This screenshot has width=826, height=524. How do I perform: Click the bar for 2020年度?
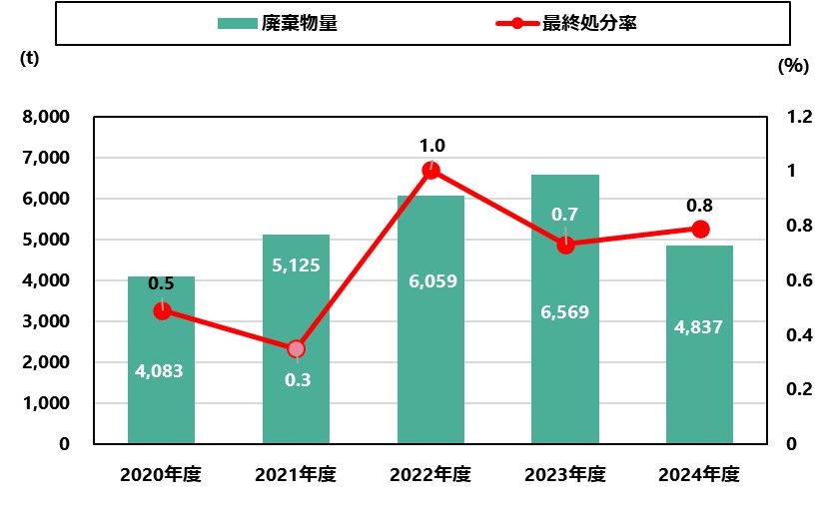(x=161, y=399)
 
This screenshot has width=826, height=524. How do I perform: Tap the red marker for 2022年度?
(x=431, y=171)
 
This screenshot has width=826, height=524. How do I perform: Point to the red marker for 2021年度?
(x=297, y=349)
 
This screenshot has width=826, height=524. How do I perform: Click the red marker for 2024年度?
(x=700, y=230)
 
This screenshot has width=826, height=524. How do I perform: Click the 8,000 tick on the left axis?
(x=48, y=117)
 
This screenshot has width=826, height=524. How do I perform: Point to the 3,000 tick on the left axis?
(x=48, y=321)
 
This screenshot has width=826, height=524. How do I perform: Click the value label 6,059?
(x=431, y=281)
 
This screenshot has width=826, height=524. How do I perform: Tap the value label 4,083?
(x=160, y=371)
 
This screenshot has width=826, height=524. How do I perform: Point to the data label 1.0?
(x=432, y=146)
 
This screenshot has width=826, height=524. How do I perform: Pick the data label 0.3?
(x=298, y=379)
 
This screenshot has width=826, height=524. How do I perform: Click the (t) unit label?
(x=30, y=57)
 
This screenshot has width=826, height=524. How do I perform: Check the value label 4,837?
(x=698, y=326)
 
